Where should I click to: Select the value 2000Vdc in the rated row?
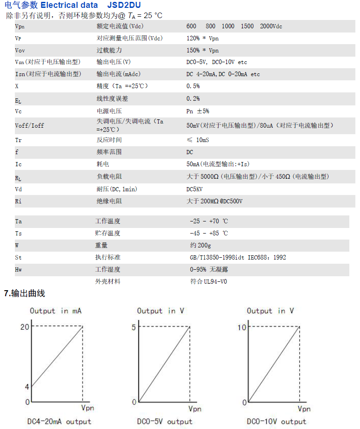[x=271, y=26]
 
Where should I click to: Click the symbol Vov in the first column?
[x=20, y=50]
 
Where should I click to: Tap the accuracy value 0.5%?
[x=193, y=86]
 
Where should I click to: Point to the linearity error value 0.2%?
[x=193, y=98]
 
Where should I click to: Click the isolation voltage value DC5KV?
[x=194, y=189]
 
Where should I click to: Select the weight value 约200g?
[x=200, y=245]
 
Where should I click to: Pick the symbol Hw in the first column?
[x=19, y=269]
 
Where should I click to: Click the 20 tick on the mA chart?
[x=25, y=327]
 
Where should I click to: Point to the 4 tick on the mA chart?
[x=27, y=387]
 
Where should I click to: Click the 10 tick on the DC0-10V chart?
[x=242, y=327]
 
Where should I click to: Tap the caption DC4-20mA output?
[x=59, y=422]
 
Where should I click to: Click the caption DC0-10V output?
[x=276, y=422]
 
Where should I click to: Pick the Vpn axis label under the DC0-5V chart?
[x=194, y=409]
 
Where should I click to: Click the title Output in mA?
[x=56, y=311]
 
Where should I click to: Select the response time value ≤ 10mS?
[x=198, y=140]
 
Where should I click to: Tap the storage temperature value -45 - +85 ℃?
[x=209, y=233]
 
